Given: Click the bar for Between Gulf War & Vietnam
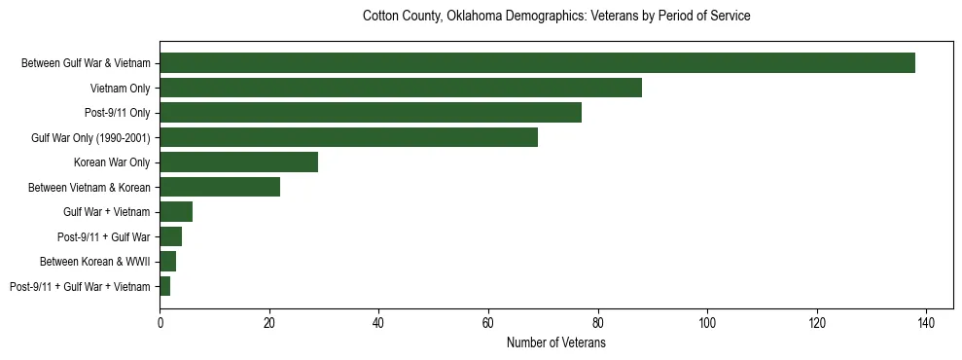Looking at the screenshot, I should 537,63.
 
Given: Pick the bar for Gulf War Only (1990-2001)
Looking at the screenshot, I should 348,137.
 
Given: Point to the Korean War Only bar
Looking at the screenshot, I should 239,162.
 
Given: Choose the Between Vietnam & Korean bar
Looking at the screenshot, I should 220,187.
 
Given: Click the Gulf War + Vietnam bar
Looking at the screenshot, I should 176,212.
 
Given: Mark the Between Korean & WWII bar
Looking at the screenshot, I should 168,262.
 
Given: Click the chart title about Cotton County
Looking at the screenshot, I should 555,17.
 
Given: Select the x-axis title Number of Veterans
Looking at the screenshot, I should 555,343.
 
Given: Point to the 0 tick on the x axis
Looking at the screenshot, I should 160,323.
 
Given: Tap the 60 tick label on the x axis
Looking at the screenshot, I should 488,323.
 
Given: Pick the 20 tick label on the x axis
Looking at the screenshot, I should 269,323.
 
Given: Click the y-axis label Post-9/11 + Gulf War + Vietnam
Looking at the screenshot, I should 80,287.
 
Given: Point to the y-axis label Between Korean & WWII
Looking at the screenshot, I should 94,262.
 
